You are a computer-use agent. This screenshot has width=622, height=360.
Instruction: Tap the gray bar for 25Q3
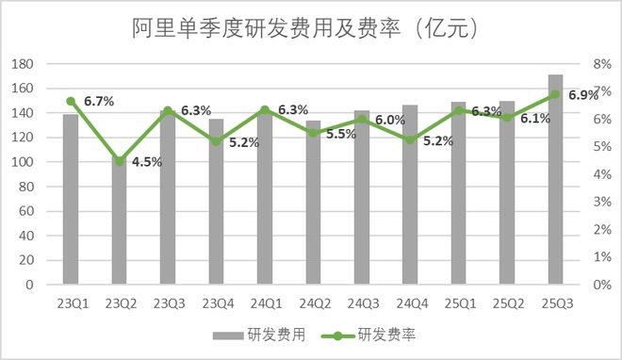coord(555,179)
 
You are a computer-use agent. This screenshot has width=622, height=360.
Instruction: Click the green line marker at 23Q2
coord(119,161)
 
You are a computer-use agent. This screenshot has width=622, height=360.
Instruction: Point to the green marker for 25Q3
coord(555,94)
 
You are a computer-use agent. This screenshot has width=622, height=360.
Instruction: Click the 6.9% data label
coord(581,95)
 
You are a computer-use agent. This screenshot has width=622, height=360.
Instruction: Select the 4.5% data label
coord(146,161)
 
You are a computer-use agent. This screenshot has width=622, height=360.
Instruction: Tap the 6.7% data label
coord(99,100)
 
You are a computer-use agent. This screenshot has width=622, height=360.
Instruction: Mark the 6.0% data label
coord(389,121)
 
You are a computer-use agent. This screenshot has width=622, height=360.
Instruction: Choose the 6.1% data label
coord(534,118)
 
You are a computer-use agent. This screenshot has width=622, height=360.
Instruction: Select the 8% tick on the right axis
coord(599,64)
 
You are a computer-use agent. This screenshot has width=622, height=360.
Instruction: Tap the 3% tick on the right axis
coord(599,202)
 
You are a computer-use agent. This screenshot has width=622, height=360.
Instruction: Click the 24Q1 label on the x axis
coord(265,303)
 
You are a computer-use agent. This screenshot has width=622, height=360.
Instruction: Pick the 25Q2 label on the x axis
coord(507,303)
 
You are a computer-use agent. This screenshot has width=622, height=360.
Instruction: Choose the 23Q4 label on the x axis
coord(216,303)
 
